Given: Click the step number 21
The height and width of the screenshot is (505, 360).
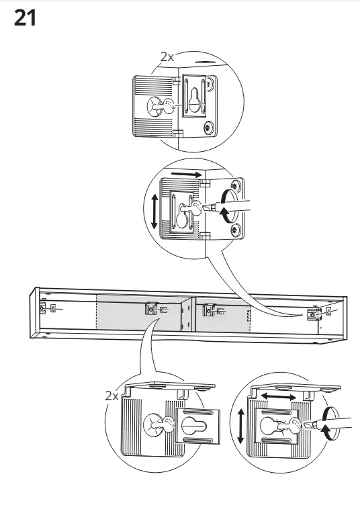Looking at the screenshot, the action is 25,18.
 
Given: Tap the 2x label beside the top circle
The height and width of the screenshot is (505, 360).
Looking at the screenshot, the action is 167,57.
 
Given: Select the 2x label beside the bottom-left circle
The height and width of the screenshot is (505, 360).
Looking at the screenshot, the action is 111,396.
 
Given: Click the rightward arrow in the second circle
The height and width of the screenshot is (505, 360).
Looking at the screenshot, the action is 187,174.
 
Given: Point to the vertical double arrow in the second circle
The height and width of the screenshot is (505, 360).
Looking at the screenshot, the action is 154,212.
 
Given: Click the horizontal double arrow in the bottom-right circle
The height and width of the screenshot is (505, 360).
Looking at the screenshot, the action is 278,396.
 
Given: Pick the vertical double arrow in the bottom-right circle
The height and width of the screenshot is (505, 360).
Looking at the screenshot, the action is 240,426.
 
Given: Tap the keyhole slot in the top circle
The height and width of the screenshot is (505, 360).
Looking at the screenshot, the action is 195,99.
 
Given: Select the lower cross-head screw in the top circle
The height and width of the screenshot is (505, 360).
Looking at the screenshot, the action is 209,128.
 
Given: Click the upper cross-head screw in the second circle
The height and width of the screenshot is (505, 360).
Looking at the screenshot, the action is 236,185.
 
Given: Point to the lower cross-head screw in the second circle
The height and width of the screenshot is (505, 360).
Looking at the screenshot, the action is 236,230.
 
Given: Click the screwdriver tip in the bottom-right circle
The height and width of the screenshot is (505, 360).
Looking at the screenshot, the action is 307,425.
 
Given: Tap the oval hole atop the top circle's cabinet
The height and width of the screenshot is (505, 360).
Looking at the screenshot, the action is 204,62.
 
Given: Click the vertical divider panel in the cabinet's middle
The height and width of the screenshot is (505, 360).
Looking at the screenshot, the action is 188,315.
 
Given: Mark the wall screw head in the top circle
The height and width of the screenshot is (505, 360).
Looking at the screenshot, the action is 155,107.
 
